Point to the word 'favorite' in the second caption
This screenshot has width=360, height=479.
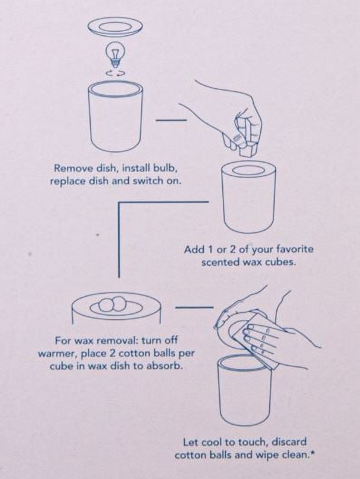pos(295,249)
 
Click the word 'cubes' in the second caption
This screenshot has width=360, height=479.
pos(282,262)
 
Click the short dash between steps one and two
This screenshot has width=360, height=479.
pos(171,120)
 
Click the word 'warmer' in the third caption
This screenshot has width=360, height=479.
pos(54,354)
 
